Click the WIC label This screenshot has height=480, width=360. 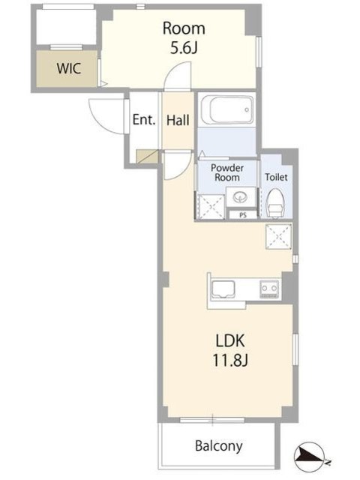[x=69, y=68]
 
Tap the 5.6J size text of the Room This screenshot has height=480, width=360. [x=184, y=48]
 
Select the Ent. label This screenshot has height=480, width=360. [x=144, y=119]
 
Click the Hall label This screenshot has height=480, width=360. [x=178, y=120]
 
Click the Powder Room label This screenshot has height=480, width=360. [x=227, y=172]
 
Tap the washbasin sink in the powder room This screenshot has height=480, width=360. [x=240, y=197]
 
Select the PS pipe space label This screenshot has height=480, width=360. [x=243, y=215]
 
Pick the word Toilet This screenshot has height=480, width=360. [x=276, y=177]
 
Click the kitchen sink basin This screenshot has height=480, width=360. [x=223, y=289]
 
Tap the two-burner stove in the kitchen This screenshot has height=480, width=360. [x=269, y=289]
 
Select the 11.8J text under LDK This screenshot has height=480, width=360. [x=230, y=360]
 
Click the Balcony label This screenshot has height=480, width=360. [x=219, y=446]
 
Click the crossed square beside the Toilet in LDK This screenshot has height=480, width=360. [x=278, y=236]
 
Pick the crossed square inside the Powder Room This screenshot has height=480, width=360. [x=211, y=206]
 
